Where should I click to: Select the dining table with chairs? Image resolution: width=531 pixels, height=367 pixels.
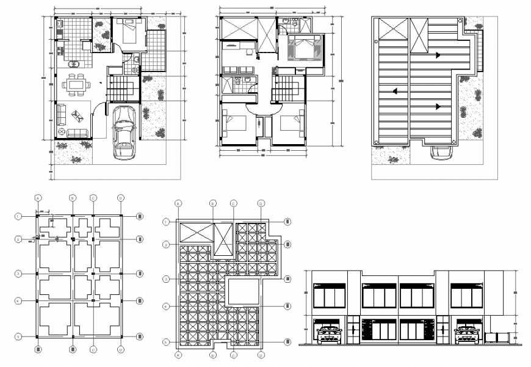click(x=76, y=84)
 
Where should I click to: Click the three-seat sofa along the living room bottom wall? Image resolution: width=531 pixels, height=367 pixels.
click(x=78, y=133)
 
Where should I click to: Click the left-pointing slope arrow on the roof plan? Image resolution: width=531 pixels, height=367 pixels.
click(x=395, y=92)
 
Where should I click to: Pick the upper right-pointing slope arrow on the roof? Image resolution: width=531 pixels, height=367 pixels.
click(x=438, y=56)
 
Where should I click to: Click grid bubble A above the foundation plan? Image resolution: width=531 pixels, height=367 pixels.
click(x=38, y=198)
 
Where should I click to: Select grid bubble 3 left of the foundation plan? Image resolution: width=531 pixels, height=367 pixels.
click(x=18, y=274)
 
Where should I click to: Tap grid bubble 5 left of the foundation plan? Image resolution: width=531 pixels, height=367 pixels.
click(x=18, y=336)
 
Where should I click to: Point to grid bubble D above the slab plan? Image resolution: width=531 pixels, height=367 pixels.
click(x=261, y=203)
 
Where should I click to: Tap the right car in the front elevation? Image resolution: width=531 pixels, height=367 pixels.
click(x=468, y=333)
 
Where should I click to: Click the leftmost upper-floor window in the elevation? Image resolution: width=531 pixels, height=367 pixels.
click(x=328, y=296)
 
